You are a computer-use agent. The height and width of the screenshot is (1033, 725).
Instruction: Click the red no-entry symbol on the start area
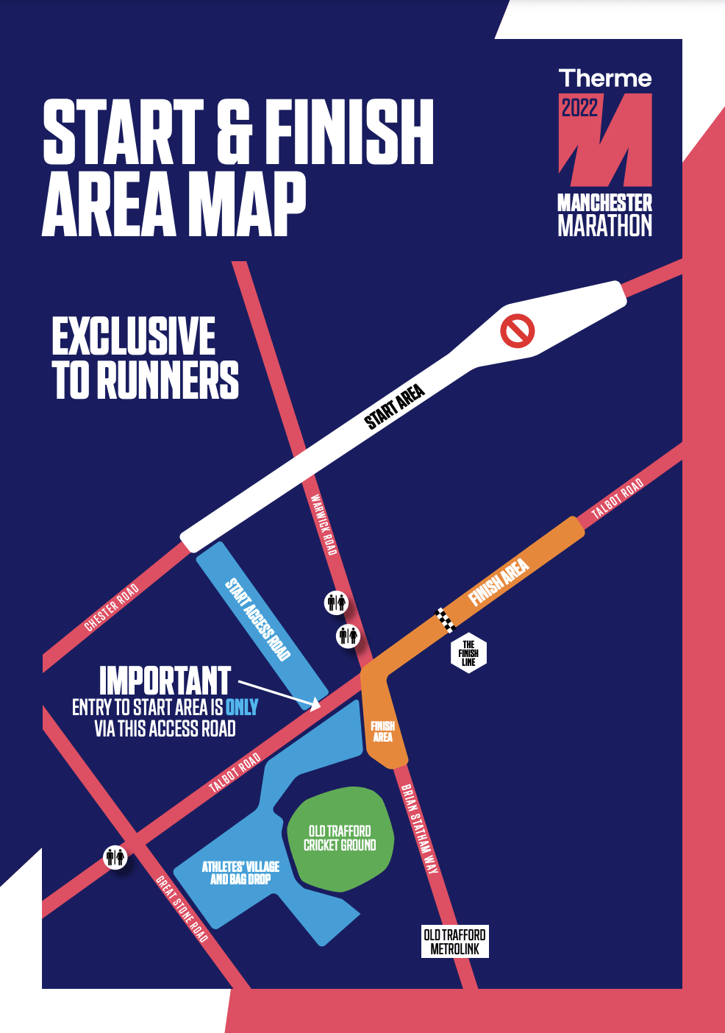click(517, 331)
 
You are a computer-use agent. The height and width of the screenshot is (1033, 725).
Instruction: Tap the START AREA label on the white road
click(395, 407)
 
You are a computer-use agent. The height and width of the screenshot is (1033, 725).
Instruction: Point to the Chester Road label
click(111, 607)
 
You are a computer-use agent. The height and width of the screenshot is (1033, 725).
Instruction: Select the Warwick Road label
click(324, 525)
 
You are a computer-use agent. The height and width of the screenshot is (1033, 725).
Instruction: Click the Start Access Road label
click(258, 620)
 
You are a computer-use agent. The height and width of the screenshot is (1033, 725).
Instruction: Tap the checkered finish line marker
click(446, 620)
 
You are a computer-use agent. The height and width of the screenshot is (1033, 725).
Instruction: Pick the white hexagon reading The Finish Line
click(468, 653)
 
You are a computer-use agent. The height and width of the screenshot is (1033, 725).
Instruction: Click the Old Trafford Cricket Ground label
click(340, 838)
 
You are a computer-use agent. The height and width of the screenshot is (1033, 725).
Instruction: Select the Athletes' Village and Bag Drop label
click(240, 873)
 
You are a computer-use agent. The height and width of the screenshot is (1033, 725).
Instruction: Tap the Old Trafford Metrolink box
click(455, 942)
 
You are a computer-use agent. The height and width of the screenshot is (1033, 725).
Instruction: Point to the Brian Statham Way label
click(420, 829)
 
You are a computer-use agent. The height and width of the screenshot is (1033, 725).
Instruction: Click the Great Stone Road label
click(182, 909)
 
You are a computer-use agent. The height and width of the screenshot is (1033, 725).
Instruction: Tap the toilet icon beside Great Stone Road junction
click(115, 857)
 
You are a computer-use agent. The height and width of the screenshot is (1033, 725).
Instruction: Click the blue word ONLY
click(242, 708)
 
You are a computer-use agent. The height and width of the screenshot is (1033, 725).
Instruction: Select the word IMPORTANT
click(165, 681)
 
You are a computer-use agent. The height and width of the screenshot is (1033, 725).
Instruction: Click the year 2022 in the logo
click(579, 108)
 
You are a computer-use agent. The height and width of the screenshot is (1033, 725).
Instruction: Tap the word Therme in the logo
click(605, 79)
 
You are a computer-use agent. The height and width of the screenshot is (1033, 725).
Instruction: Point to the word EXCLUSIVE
click(134, 337)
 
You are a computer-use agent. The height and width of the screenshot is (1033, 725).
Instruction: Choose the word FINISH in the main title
click(349, 132)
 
